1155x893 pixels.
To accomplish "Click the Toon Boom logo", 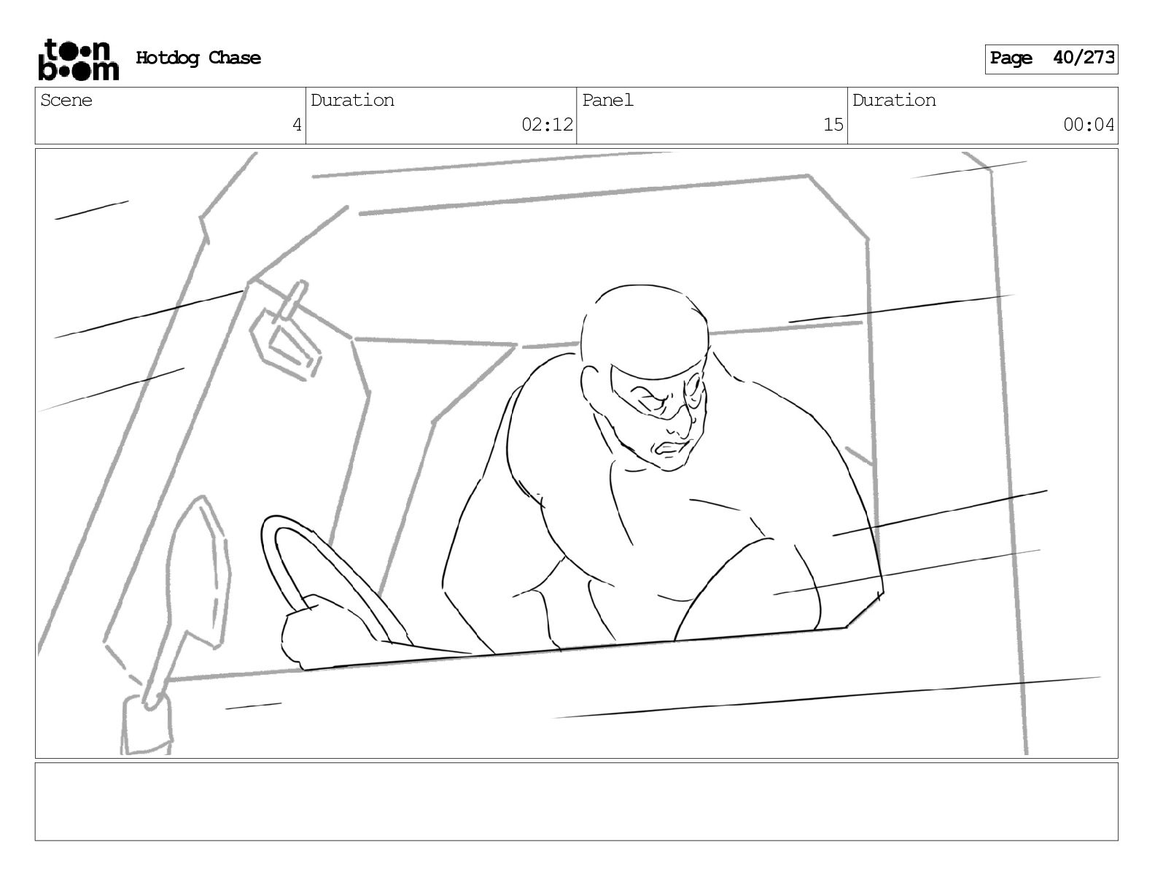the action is [79, 60].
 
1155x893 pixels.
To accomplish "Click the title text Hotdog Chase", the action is [198, 58].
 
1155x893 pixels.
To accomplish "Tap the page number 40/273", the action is [1084, 57].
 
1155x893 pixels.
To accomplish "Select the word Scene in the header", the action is [66, 100].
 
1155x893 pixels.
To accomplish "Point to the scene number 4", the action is [297, 125].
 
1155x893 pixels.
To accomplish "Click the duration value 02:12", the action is [547, 125].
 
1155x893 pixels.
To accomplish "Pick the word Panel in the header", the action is [607, 100].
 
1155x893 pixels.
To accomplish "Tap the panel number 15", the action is [833, 125].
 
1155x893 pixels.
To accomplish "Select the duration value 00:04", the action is [1089, 125].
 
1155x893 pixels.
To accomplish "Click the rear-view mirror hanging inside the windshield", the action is [286, 333].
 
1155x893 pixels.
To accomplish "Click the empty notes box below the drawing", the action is [577, 802].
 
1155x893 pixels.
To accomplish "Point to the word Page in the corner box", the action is [1011, 58].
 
